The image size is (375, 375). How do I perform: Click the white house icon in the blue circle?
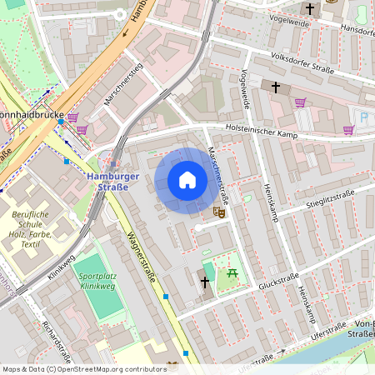(x=187, y=180)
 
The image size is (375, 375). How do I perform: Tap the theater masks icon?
(x=219, y=212)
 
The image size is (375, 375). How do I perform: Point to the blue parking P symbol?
(x=364, y=116)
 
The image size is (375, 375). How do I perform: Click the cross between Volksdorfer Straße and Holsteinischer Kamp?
(x=275, y=86)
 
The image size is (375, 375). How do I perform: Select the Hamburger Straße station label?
(x=108, y=182)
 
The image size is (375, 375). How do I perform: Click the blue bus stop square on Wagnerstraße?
(x=166, y=296)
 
